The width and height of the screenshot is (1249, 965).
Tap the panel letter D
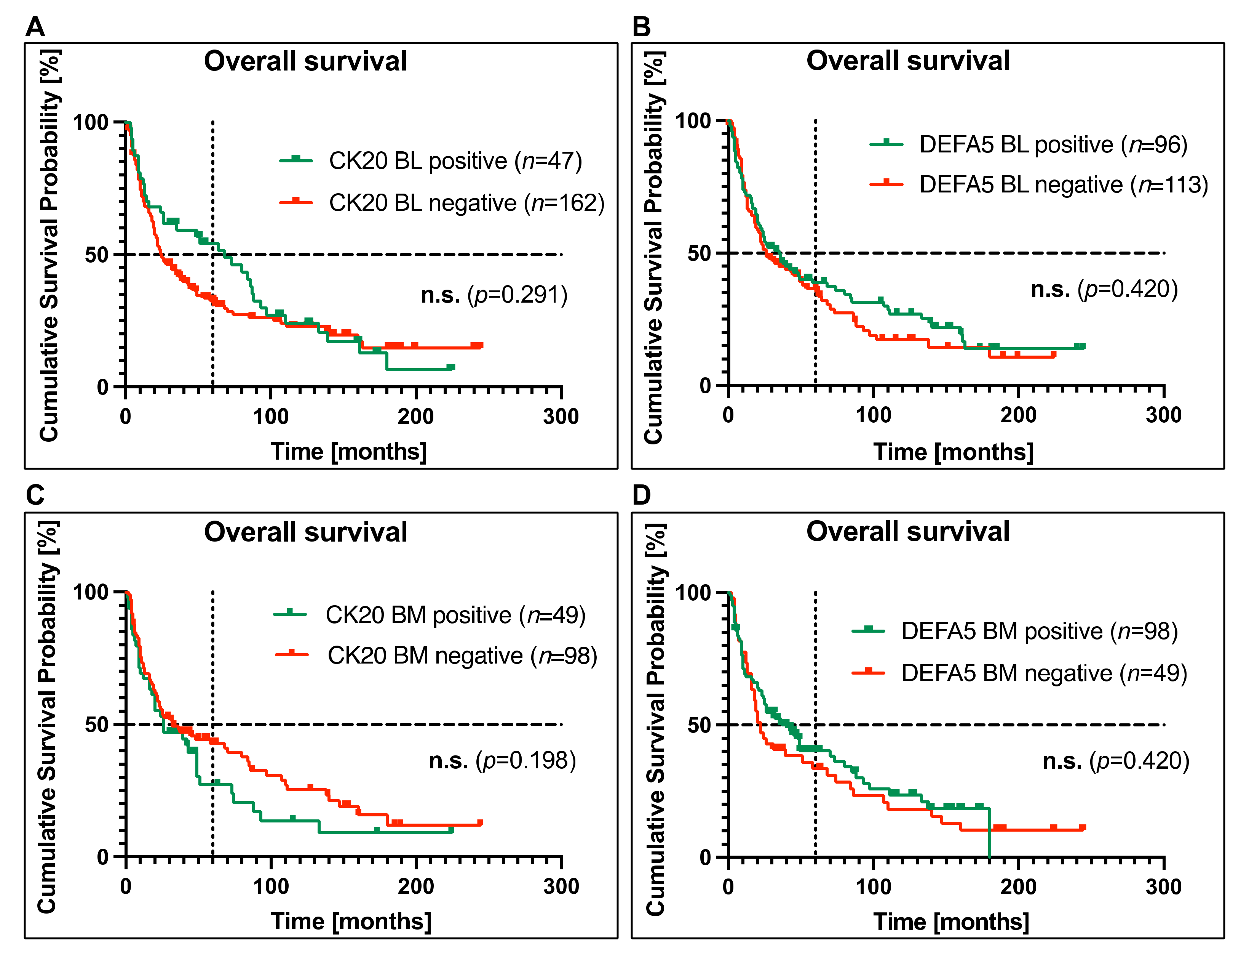[x=642, y=495]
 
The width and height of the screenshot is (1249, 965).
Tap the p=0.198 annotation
[x=503, y=761]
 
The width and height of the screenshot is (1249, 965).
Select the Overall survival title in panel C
[x=305, y=532]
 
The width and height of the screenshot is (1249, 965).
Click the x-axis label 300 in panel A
[x=561, y=416]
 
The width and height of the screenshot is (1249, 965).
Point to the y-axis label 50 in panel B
[x=699, y=253]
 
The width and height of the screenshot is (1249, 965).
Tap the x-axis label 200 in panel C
[x=416, y=886]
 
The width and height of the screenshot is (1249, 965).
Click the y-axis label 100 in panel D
[x=693, y=592]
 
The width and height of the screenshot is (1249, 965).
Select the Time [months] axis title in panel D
[x=951, y=922]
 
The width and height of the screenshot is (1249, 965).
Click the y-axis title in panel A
[x=50, y=246]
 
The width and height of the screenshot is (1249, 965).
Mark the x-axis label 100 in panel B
[x=873, y=415]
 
